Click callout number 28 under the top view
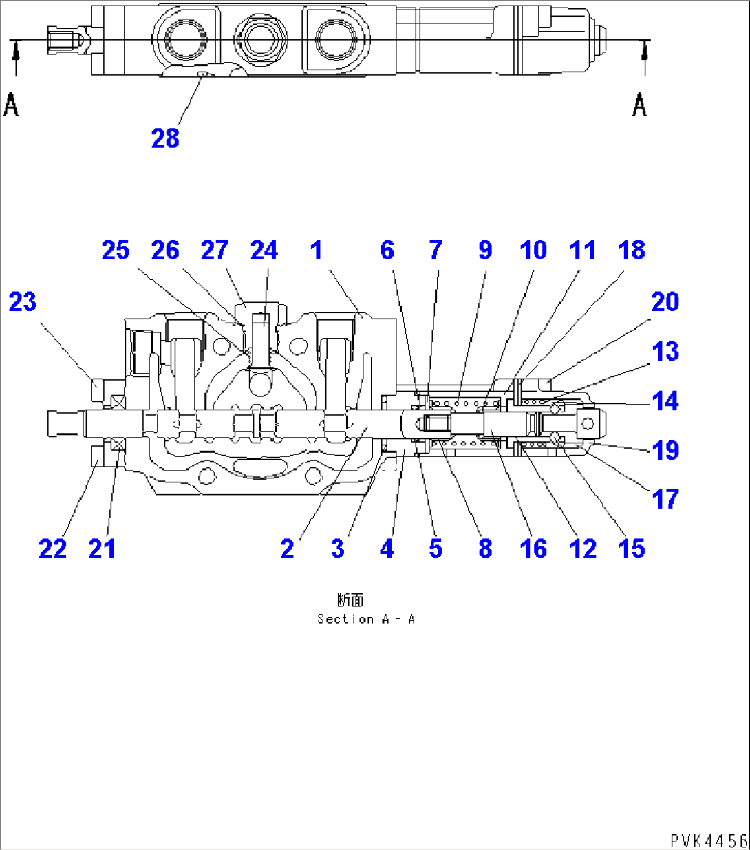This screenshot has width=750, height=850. coord(165,138)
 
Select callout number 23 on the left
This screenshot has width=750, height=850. coord(22,301)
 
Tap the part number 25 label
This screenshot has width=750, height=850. coord(115,251)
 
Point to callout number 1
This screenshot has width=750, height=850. coord(316,251)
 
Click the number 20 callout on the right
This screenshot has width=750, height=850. coord(665,301)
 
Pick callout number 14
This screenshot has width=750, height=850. coord(665,401)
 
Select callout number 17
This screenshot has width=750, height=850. coord(665,499)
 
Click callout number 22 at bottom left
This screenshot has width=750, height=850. coord(52,549)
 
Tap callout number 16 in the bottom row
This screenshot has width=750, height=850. coord(533,549)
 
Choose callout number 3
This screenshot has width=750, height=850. coord(337,549)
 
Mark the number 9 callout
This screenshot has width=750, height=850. coord(485,251)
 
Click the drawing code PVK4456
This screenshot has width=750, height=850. coord(708,840)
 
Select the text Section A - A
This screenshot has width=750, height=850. coord(365,619)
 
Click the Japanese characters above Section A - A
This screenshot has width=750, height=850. coord(350,601)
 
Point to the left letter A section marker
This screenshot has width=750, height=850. coord(12,105)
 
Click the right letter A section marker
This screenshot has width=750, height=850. coord(640,105)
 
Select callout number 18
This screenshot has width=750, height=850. coord(631,251)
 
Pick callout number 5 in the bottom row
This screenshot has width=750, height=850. coord(436,549)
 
